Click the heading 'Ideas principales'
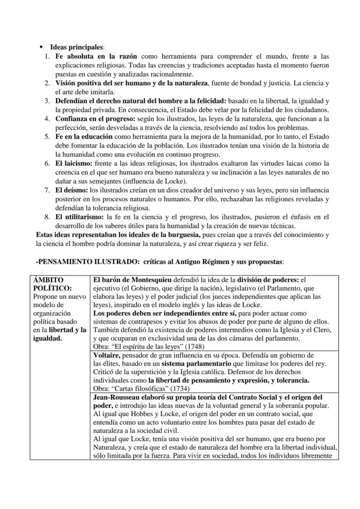click(77, 47)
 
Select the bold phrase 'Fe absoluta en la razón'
click(96, 57)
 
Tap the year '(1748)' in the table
click(193, 346)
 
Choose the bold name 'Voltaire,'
click(107, 355)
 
